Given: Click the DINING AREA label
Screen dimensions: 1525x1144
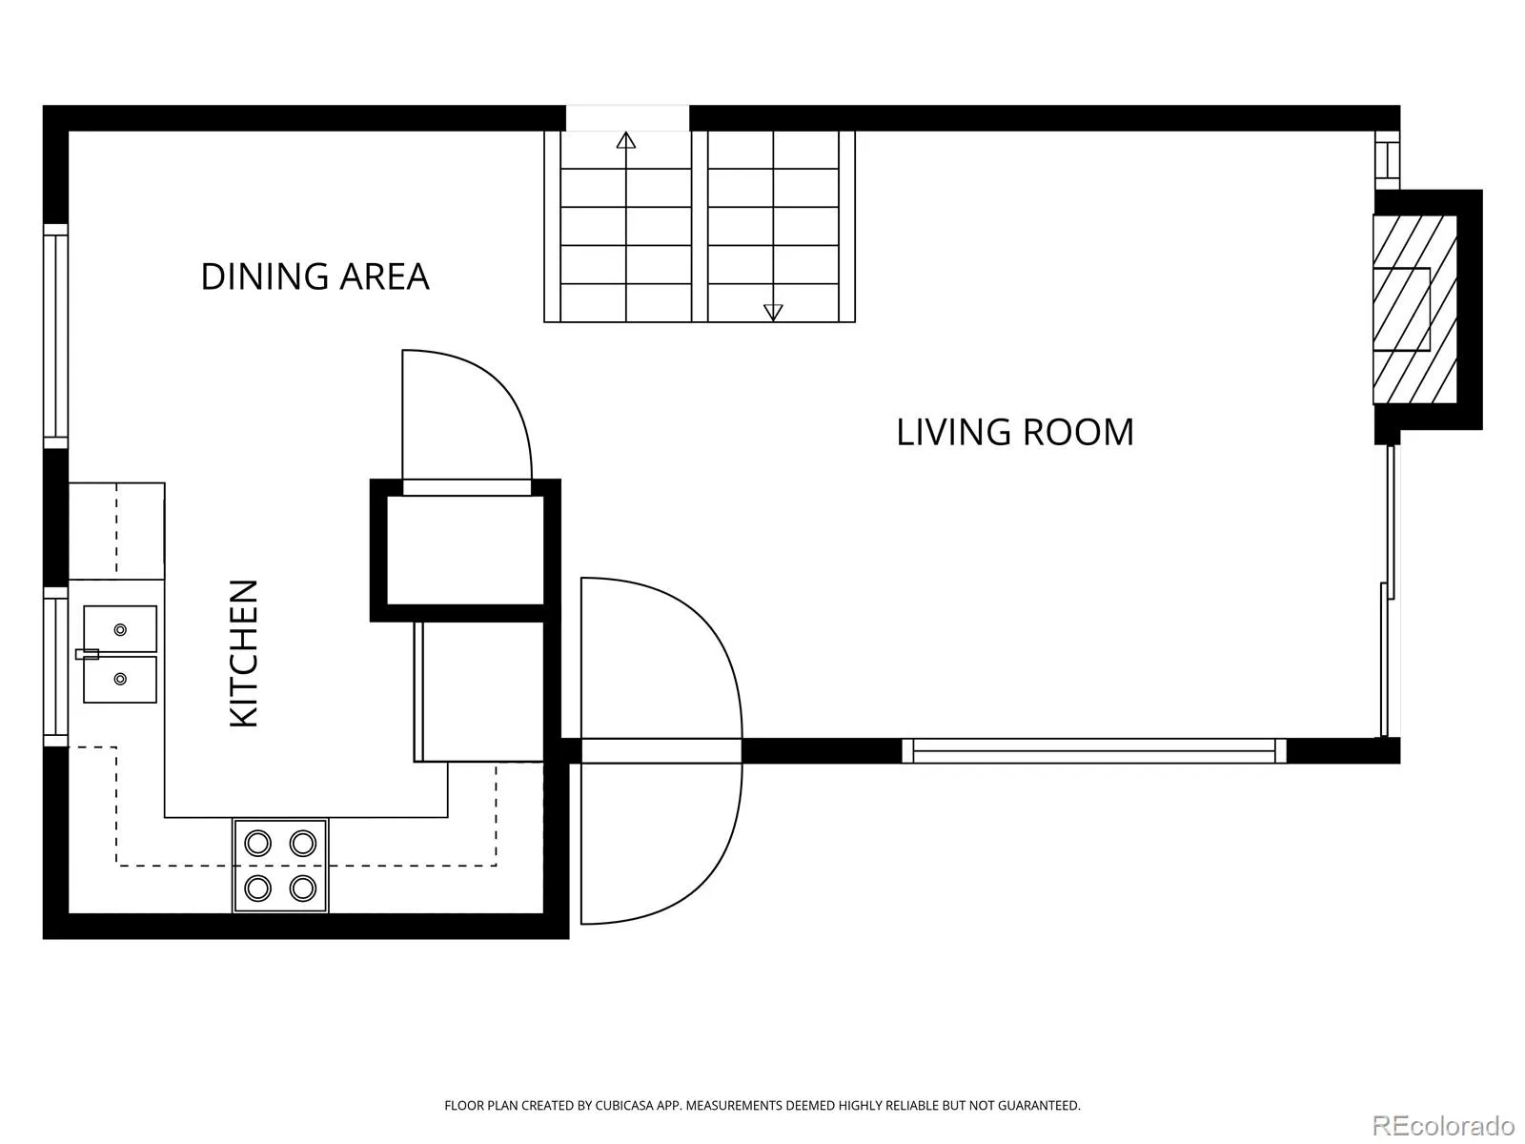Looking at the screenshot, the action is pyautogui.click(x=315, y=276).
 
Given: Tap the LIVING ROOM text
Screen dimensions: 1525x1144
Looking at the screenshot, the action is pyautogui.click(x=1015, y=432).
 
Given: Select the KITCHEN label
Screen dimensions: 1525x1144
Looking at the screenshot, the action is pyautogui.click(x=244, y=654).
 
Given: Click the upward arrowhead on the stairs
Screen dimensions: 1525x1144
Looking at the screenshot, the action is pyautogui.click(x=626, y=140).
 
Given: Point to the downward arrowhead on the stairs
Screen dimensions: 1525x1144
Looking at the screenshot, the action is pyautogui.click(x=773, y=313).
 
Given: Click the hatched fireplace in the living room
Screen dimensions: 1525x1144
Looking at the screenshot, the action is pyautogui.click(x=1414, y=310).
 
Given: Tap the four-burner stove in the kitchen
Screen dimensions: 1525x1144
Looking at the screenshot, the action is pyautogui.click(x=280, y=866).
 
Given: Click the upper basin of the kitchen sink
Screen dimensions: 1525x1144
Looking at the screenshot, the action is pyautogui.click(x=120, y=628).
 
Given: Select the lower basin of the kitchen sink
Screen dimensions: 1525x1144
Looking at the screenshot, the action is pyautogui.click(x=120, y=680).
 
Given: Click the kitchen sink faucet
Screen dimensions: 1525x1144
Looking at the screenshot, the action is pyautogui.click(x=87, y=654).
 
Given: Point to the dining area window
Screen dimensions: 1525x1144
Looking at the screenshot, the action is pyautogui.click(x=55, y=337).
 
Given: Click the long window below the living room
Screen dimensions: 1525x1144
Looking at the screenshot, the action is pyautogui.click(x=1094, y=751).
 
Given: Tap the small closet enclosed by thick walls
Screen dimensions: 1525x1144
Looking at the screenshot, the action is pyautogui.click(x=465, y=550).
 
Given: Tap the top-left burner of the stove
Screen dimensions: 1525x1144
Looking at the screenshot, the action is pyautogui.click(x=257, y=844).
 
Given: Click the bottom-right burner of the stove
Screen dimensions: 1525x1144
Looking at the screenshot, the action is pyautogui.click(x=303, y=888).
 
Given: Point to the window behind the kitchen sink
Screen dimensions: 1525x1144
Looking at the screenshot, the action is pyautogui.click(x=55, y=666).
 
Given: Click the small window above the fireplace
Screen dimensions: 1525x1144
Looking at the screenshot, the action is pyautogui.click(x=1388, y=160).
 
